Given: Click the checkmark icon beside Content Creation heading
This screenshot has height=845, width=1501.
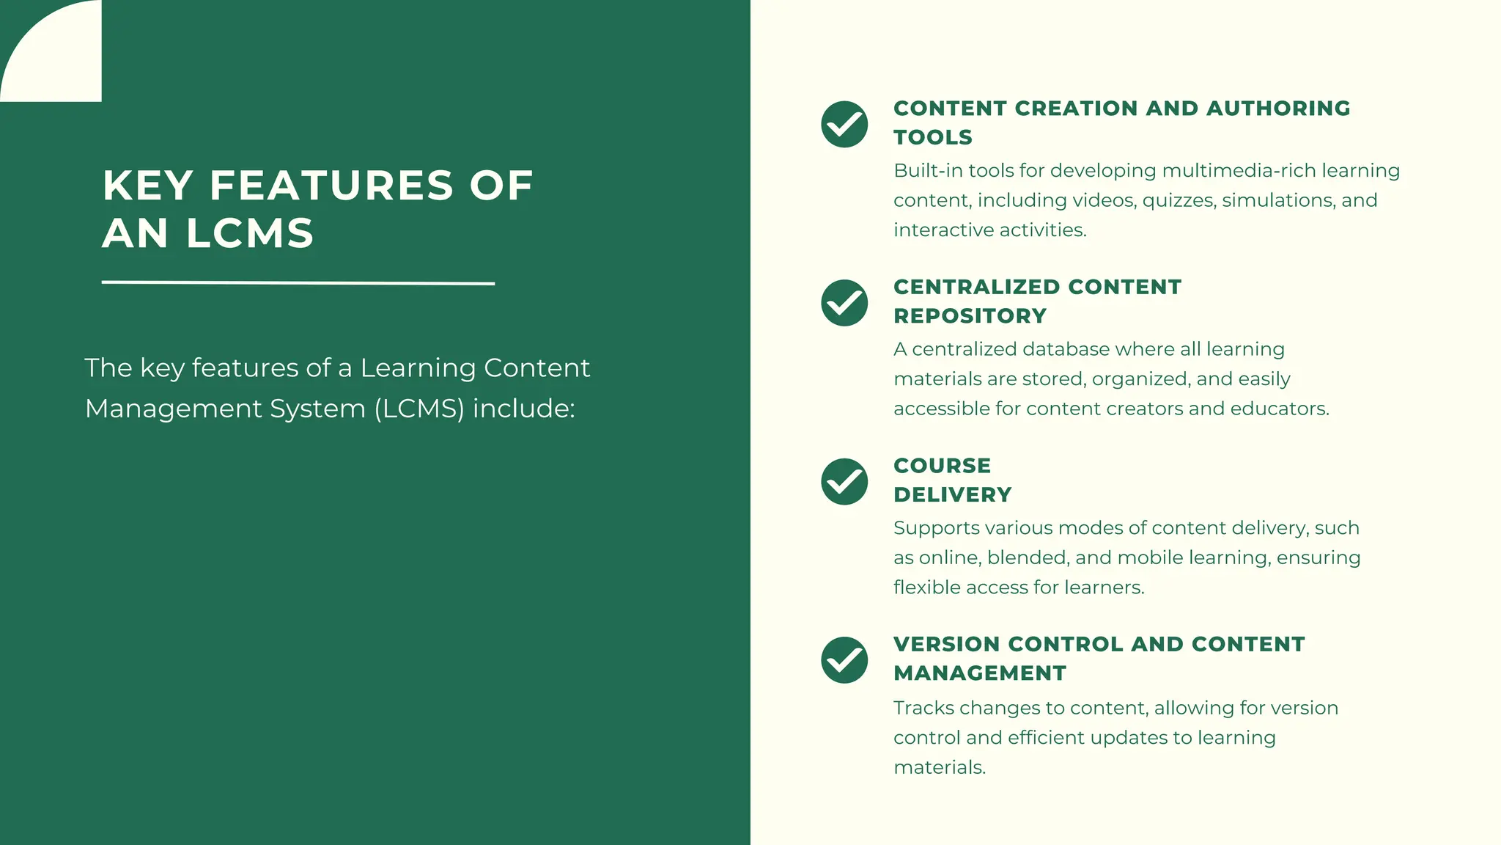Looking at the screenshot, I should point(844,124).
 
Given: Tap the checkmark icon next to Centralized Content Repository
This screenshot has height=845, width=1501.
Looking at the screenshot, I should point(844,302).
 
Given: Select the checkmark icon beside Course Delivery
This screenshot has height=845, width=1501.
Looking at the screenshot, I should point(844,481).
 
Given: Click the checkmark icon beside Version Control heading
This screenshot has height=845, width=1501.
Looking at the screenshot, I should point(844,659).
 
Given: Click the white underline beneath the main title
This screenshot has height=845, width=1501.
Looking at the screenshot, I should point(298,282).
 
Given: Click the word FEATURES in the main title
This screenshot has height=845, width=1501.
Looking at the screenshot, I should point(331,186).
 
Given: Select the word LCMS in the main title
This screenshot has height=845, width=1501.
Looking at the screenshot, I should point(249,233).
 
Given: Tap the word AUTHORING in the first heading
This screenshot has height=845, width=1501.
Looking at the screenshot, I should point(1277,109).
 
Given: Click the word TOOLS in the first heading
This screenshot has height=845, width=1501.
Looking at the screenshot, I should point(932,137).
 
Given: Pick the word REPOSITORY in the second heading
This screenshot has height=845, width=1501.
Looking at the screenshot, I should point(970,316).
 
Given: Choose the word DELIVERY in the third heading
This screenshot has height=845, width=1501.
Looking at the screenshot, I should point(952,495).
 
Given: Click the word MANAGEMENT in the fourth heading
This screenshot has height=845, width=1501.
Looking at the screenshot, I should point(979,673).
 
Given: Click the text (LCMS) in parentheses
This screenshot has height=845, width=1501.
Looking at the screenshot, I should point(419,409).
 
